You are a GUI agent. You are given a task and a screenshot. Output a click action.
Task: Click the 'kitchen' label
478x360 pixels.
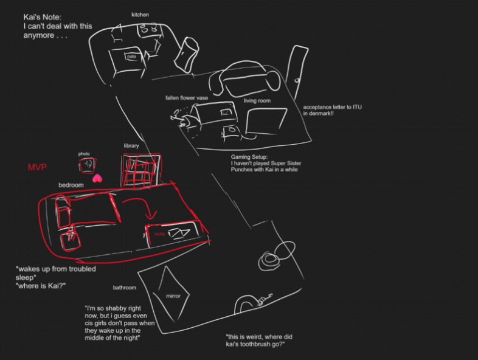(x=140, y=14)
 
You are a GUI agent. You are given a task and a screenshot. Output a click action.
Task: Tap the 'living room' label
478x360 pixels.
(x=257, y=100)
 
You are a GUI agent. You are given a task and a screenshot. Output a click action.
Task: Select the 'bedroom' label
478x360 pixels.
(x=71, y=184)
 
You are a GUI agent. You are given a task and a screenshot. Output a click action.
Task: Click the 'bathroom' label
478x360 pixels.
(x=125, y=287)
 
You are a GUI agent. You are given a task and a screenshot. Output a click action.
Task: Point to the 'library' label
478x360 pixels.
(x=131, y=146)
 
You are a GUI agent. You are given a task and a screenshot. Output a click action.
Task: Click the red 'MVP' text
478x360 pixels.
(x=38, y=167)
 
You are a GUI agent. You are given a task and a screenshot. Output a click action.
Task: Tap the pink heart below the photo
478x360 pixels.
(x=95, y=178)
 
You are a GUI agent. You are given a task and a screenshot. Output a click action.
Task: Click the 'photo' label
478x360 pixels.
(x=84, y=154)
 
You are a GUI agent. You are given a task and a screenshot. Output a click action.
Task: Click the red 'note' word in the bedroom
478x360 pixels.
(x=159, y=234)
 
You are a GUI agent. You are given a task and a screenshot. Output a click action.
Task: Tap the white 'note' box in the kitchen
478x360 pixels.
(x=131, y=57)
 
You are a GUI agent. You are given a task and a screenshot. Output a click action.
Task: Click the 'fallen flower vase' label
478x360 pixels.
(x=187, y=97)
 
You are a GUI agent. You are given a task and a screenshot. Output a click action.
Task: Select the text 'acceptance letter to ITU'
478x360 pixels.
(x=332, y=108)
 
